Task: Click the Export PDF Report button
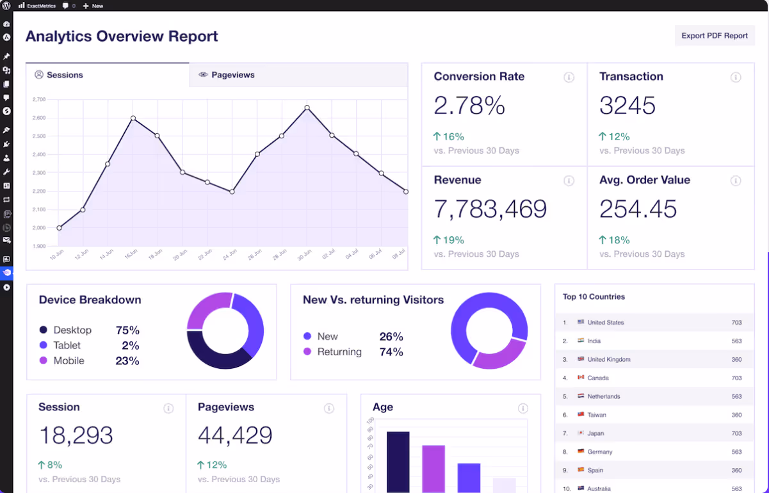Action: point(714,36)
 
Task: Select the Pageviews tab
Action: point(232,75)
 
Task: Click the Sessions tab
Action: point(65,75)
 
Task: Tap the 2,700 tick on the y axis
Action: point(38,100)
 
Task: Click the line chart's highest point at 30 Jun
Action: point(307,108)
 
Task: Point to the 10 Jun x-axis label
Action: point(56,255)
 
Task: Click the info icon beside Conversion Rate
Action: point(569,77)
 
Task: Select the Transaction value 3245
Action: point(627,106)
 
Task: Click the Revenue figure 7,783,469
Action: point(490,209)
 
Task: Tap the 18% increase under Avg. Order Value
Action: point(614,240)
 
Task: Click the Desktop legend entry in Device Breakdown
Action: point(72,330)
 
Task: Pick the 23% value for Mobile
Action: point(127,361)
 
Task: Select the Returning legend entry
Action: point(339,352)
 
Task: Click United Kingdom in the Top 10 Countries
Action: point(608,360)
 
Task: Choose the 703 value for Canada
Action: point(736,378)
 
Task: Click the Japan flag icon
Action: point(580,433)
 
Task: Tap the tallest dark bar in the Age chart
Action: point(398,462)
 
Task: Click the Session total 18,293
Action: point(76,436)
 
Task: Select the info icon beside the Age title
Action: point(522,408)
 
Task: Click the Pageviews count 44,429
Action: point(235,436)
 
